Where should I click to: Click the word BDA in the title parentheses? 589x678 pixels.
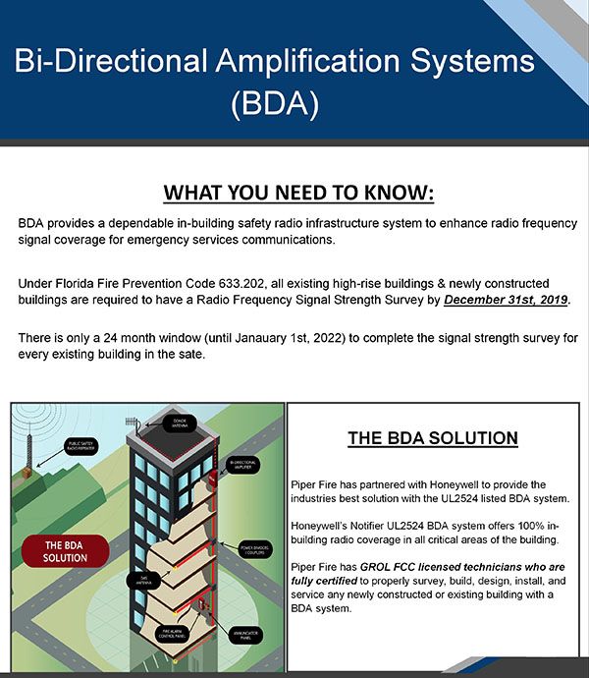(274, 103)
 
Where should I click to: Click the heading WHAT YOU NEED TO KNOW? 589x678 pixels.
(297, 191)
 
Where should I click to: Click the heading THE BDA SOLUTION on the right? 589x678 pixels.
(433, 438)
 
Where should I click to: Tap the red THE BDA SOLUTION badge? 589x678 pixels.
(65, 550)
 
